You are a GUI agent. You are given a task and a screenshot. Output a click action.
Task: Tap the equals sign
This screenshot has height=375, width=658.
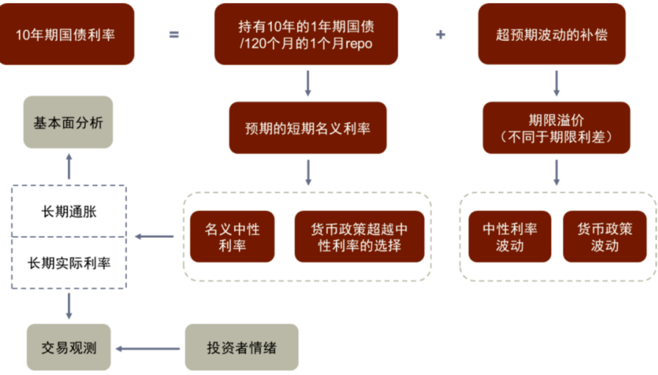point(173,35)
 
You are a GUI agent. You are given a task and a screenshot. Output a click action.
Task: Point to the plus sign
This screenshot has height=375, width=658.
point(440,35)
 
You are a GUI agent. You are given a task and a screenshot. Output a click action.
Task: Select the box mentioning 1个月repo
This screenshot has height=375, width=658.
point(306,35)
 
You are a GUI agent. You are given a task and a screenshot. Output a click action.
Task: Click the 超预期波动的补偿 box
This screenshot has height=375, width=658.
point(551,35)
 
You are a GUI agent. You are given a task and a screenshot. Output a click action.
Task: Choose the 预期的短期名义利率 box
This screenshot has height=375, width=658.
point(308,128)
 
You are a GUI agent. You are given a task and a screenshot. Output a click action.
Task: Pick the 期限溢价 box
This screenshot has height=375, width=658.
point(556,128)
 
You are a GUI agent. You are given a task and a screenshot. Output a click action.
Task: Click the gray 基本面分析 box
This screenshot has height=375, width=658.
point(68,123)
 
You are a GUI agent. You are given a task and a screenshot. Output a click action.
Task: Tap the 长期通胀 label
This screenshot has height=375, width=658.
point(69,212)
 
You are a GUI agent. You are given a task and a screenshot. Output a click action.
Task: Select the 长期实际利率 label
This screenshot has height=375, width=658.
point(69,263)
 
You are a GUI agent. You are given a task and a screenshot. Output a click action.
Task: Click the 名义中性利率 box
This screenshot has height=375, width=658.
point(232,237)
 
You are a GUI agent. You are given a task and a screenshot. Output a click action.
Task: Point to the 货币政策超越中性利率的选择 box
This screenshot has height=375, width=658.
point(359,237)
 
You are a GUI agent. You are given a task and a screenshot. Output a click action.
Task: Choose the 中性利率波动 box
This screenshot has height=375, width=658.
point(509,237)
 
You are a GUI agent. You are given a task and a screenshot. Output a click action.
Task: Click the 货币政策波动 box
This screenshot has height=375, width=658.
point(605,237)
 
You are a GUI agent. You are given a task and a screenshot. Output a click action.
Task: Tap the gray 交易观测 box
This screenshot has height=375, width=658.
point(69,347)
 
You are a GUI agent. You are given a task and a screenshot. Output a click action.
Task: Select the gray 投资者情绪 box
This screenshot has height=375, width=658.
point(241,347)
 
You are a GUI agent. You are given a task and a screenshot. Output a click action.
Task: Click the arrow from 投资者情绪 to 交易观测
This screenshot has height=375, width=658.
point(148,348)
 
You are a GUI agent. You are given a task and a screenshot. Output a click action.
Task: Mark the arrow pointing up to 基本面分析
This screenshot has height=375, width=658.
point(69,166)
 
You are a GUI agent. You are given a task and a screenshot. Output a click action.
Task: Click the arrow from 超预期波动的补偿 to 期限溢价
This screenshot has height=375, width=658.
point(556,83)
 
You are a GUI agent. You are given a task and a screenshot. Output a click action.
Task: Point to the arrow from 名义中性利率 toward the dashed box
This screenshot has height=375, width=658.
point(155,237)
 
